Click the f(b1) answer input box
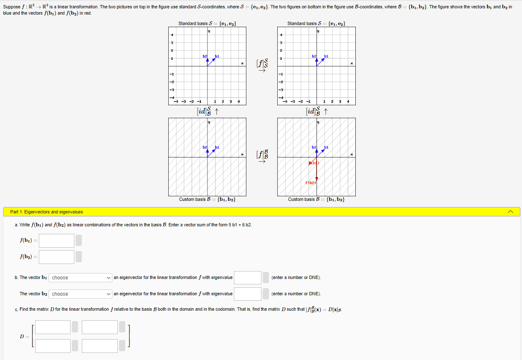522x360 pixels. click(x=56, y=241)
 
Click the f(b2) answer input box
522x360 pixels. click(x=56, y=257)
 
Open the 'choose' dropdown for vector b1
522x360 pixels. click(x=81, y=278)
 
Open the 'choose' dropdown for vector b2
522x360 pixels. click(x=81, y=294)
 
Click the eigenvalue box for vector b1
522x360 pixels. click(x=247, y=278)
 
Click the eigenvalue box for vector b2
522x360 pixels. click(x=247, y=294)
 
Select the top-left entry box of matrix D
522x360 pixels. click(x=53, y=327)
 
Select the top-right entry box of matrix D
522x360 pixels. click(x=100, y=327)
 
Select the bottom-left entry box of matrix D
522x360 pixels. click(x=53, y=346)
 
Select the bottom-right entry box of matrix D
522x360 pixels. click(x=100, y=346)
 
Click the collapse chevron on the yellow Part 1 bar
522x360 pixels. click(x=510, y=212)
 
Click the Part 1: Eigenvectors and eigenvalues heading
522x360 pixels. click(x=46, y=212)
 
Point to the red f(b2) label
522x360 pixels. click(x=311, y=183)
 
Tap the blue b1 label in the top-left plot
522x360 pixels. click(x=217, y=56)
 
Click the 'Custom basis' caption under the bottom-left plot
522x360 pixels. click(x=207, y=200)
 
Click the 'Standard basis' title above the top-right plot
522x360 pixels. click(x=316, y=23)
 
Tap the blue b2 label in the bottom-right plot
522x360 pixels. click(x=314, y=147)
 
